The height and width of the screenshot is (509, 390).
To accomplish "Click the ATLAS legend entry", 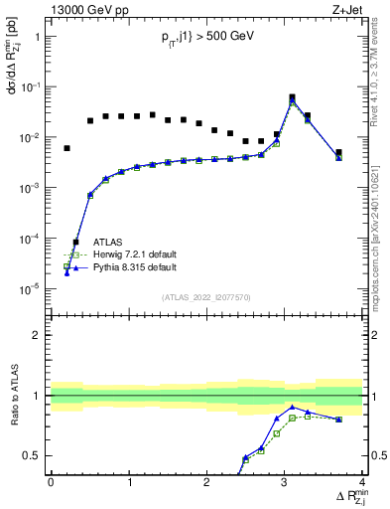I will pyautogui.click(x=108, y=242).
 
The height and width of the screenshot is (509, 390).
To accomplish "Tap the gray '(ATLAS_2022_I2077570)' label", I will pyautogui.click(x=205, y=296).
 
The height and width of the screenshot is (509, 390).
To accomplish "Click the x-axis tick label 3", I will pyautogui.click(x=285, y=482).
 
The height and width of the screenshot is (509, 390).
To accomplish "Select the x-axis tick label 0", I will pyautogui.click(x=51, y=482).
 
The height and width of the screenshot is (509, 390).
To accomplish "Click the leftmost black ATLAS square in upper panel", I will pyautogui.click(x=66, y=148).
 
